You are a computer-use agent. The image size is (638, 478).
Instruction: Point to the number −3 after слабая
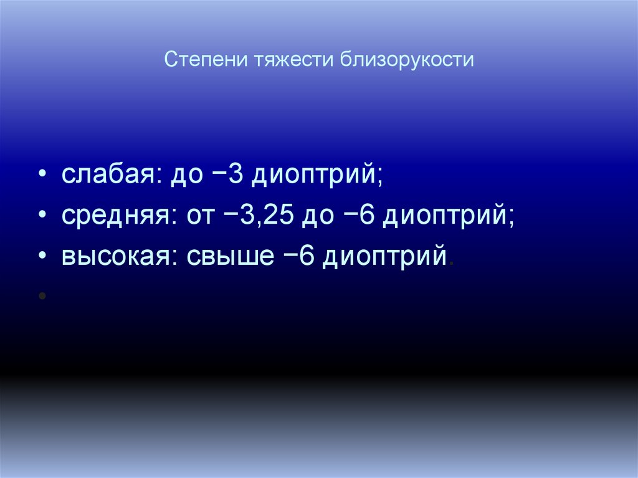coord(227,175)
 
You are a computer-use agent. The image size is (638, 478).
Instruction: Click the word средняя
coord(114,216)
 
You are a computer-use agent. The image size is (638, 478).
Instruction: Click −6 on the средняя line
coord(356,216)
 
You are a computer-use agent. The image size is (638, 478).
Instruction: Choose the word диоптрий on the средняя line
coord(448,217)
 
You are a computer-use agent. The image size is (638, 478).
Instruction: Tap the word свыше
coord(226,256)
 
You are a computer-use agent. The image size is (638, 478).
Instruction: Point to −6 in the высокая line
coord(297,256)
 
